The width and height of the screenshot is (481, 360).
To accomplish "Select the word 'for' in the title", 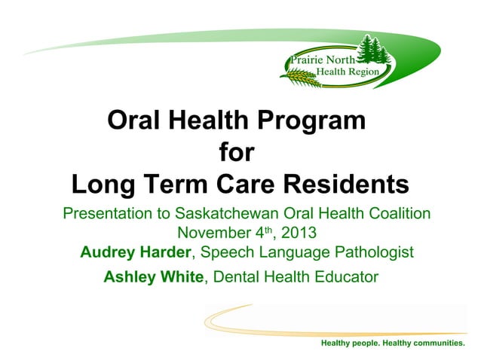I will (x=236, y=153).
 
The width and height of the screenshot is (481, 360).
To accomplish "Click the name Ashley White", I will (x=154, y=277).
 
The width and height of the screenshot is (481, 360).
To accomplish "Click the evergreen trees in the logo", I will (x=372, y=51).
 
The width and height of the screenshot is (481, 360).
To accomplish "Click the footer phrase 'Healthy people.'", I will (x=350, y=343).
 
